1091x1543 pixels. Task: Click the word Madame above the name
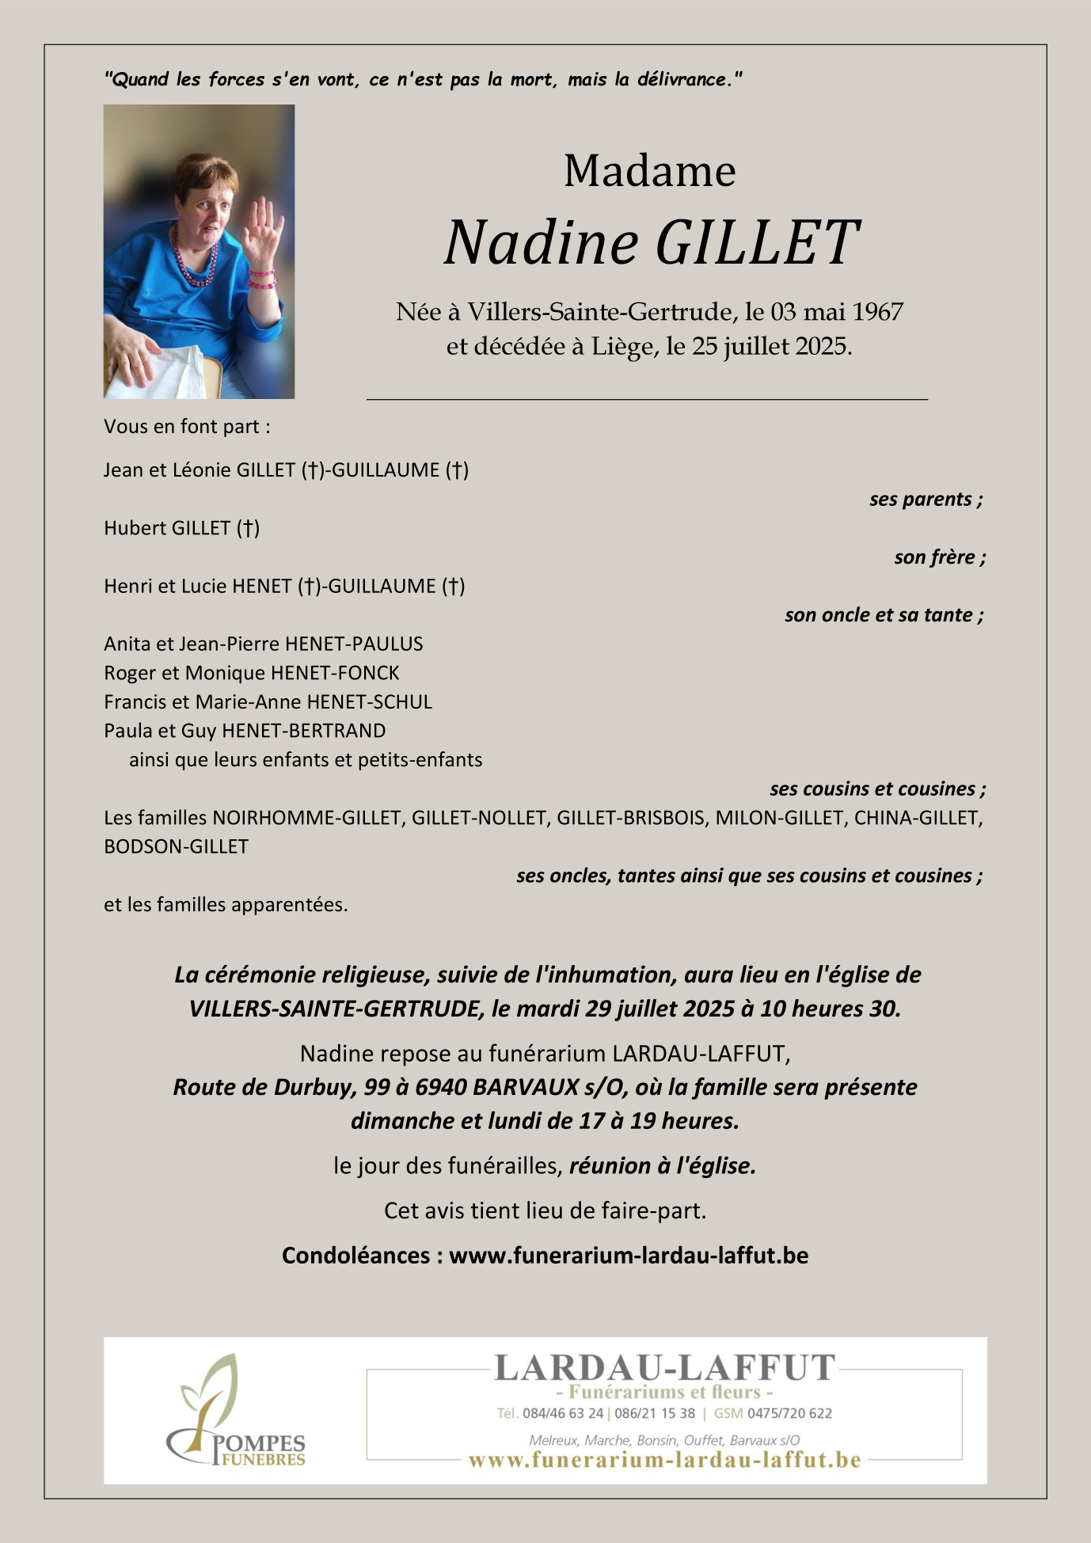point(649,171)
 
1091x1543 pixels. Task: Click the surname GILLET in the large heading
point(756,242)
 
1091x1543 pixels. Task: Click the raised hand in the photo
point(264,229)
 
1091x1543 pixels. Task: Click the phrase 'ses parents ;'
point(926,500)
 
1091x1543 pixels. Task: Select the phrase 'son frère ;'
point(940,557)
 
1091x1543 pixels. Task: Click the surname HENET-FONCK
point(335,673)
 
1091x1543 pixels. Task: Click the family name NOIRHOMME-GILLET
point(306,818)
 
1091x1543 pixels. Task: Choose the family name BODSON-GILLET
point(176,847)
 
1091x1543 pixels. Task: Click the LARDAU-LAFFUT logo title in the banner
point(664,1368)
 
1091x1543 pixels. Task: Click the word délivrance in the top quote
point(686,79)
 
